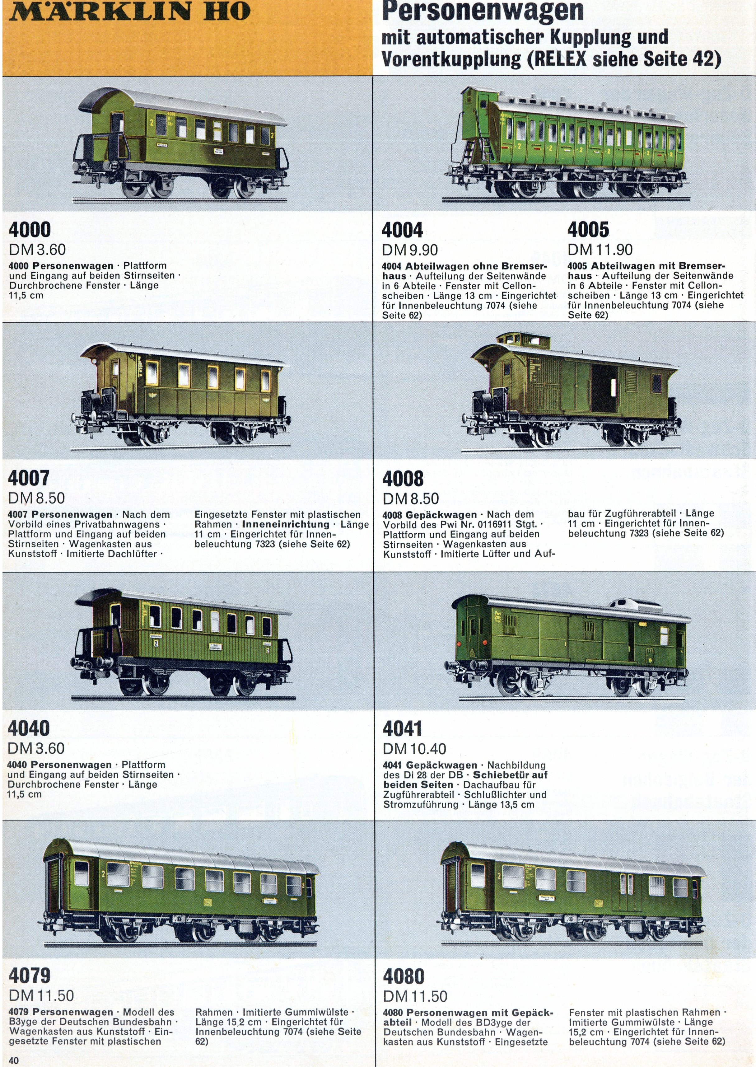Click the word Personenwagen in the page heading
tap(482, 11)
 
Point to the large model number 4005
tap(588, 230)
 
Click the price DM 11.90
tap(600, 250)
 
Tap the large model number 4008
tap(403, 479)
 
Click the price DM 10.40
tap(414, 749)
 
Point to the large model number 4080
tap(404, 976)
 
